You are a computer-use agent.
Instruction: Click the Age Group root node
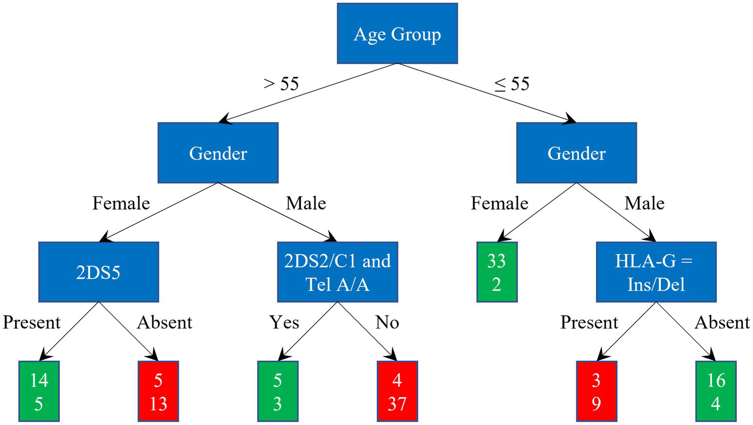click(397, 34)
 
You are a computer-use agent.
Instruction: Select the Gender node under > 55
click(218, 153)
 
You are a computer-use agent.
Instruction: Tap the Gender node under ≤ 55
click(576, 153)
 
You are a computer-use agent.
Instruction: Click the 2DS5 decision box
click(99, 272)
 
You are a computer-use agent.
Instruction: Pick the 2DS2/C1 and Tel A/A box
click(338, 272)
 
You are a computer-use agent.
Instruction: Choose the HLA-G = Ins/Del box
click(656, 272)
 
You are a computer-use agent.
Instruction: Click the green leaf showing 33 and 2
click(496, 272)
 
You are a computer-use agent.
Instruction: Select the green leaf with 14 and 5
click(39, 391)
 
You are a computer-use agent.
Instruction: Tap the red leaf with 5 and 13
click(158, 391)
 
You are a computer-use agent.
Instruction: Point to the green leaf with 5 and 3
click(278, 391)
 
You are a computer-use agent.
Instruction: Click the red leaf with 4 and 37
click(397, 391)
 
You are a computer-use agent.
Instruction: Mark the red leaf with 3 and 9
click(596, 391)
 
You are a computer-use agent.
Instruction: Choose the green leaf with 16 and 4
click(716, 391)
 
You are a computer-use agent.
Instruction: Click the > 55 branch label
click(281, 84)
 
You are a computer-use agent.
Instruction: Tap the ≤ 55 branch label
click(512, 84)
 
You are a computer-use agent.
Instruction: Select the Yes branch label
click(284, 323)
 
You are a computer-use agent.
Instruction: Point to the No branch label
click(387, 323)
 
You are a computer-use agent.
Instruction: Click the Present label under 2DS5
click(32, 323)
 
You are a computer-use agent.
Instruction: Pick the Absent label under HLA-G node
click(722, 323)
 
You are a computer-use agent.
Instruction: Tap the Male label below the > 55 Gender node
click(306, 203)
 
